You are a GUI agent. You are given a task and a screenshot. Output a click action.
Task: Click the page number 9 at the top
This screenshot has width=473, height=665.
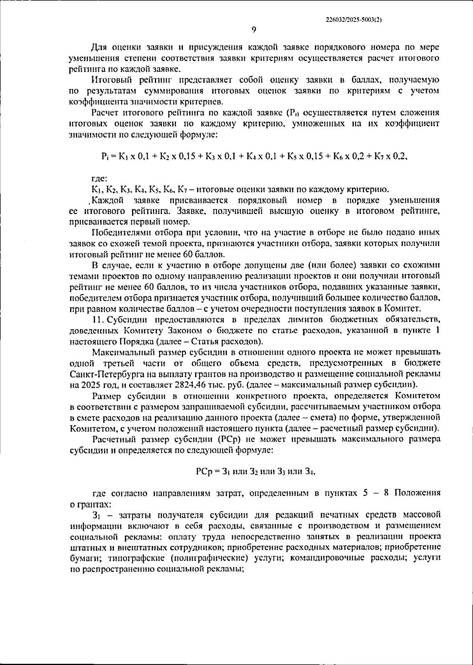point(254,29)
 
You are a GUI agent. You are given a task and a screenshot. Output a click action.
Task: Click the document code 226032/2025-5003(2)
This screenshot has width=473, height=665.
point(354,18)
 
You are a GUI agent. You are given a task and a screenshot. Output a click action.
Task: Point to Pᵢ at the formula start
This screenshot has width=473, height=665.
point(104,156)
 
